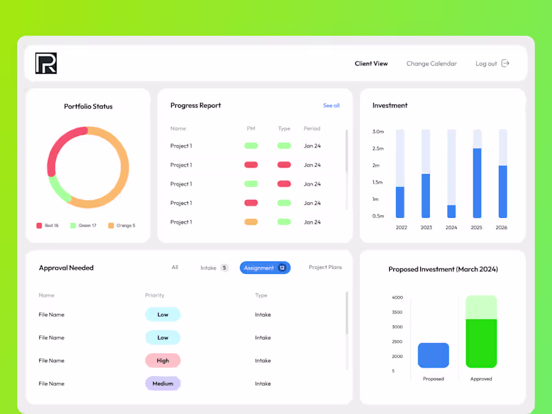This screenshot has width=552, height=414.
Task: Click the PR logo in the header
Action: pyautogui.click(x=46, y=63)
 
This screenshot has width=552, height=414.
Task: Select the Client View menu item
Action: pyautogui.click(x=371, y=63)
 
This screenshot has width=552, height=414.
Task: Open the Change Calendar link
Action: pyautogui.click(x=431, y=63)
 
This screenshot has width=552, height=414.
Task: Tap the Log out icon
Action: pyautogui.click(x=505, y=63)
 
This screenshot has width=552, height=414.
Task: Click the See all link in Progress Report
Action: pyautogui.click(x=331, y=106)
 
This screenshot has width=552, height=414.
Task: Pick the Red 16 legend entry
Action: pyautogui.click(x=48, y=226)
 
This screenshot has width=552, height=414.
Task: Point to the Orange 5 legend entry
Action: pyautogui.click(x=121, y=226)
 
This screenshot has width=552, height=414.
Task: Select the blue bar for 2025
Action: pyautogui.click(x=477, y=183)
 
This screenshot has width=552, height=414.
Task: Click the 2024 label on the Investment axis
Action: pyautogui.click(x=451, y=227)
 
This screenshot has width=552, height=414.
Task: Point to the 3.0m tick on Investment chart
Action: pyautogui.click(x=378, y=131)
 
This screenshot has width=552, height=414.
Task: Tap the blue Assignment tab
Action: pyautogui.click(x=265, y=268)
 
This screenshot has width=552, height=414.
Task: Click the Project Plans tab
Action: pyautogui.click(x=325, y=267)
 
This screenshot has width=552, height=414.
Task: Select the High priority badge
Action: pyautogui.click(x=163, y=360)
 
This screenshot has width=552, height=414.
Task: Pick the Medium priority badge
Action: pyautogui.click(x=163, y=384)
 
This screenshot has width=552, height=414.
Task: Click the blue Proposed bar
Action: pyautogui.click(x=433, y=355)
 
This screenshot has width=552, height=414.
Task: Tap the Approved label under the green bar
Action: pyautogui.click(x=481, y=379)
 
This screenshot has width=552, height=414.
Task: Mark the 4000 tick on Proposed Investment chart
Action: pyautogui.click(x=397, y=297)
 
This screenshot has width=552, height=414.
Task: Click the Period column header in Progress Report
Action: pyautogui.click(x=312, y=128)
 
